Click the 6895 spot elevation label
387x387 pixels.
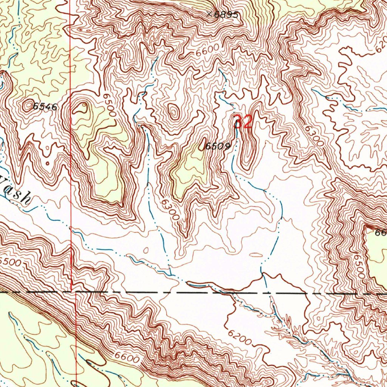coord(227,15)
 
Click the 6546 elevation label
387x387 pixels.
coord(45,107)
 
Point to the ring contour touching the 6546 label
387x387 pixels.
coord(28,105)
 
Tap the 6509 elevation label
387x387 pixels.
coord(218,147)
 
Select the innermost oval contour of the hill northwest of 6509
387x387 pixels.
coord(174,112)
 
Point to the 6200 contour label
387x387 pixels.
coord(239,336)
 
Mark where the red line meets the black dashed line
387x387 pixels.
coord(76,292)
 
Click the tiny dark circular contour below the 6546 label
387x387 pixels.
coord(48,164)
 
